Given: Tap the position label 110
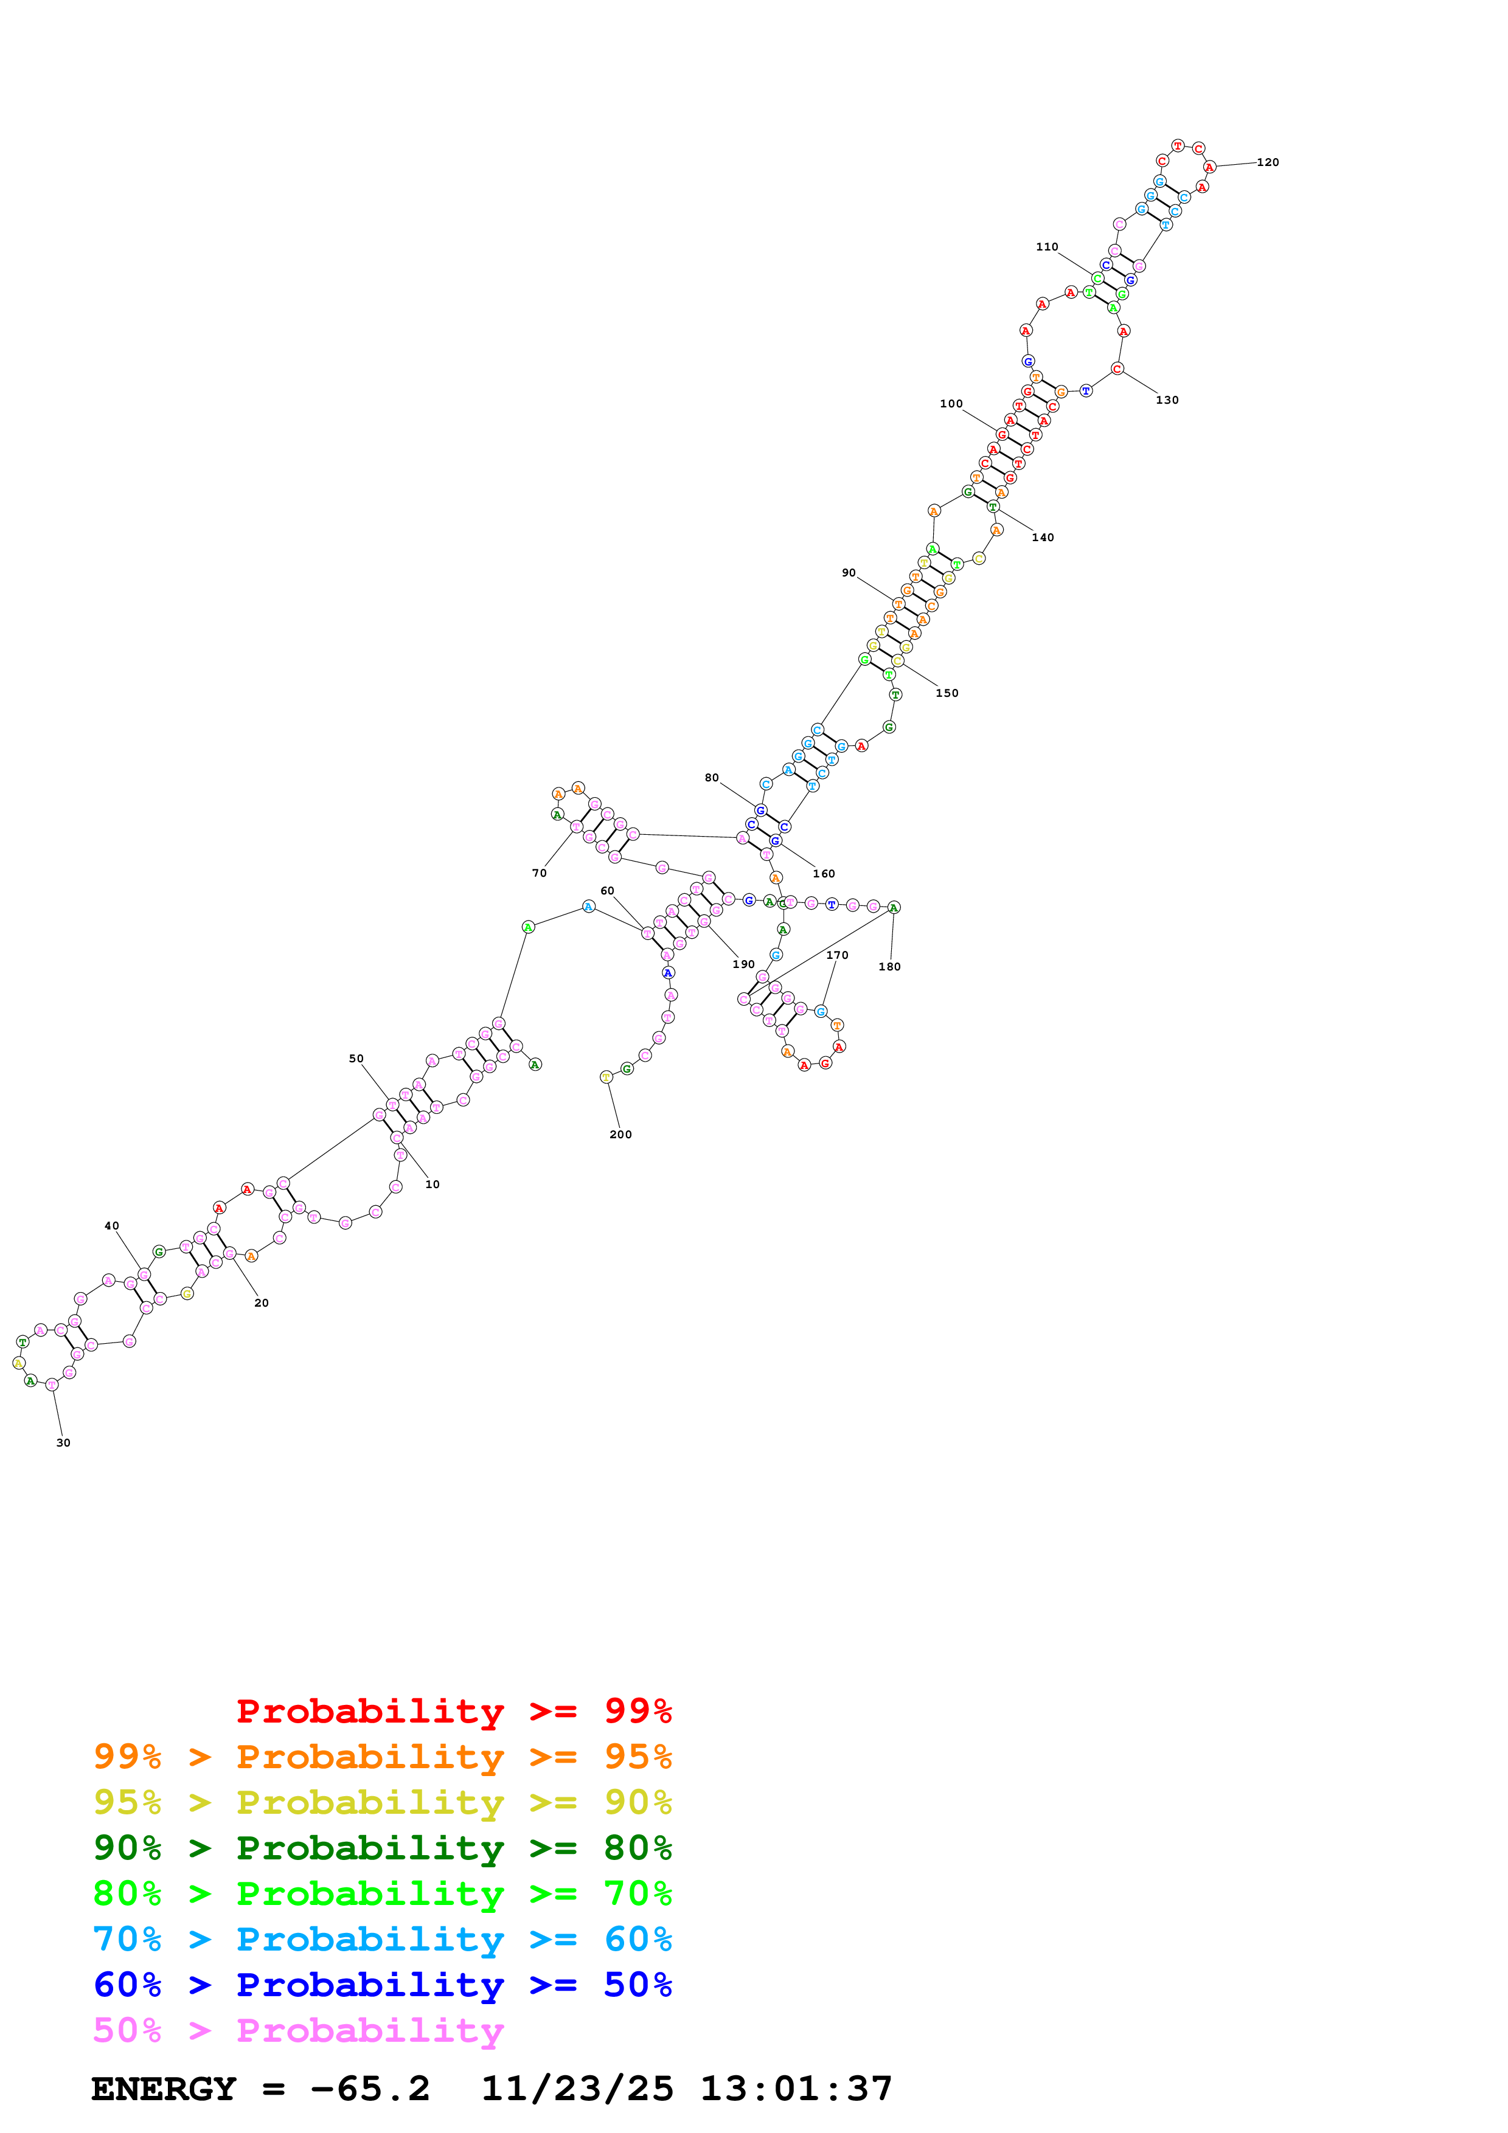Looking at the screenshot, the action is [x=1046, y=247].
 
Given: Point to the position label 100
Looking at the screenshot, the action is [x=951, y=404].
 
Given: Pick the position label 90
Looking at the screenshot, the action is [x=849, y=573].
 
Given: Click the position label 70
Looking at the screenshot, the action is [x=539, y=873].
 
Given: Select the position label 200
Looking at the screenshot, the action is [x=620, y=1135].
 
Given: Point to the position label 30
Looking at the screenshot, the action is [x=63, y=1443].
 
